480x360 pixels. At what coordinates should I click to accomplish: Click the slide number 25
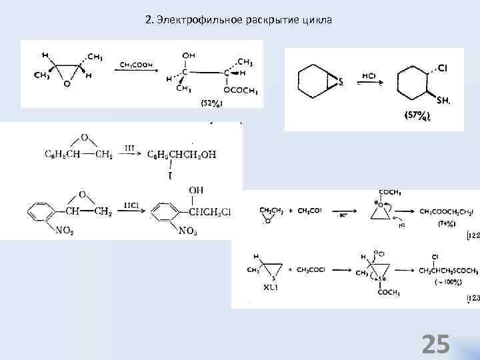[x=436, y=344]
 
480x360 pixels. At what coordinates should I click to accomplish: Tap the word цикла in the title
[x=317, y=20]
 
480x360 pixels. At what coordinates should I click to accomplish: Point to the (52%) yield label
[x=211, y=102]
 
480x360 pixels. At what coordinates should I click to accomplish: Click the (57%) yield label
[x=417, y=115]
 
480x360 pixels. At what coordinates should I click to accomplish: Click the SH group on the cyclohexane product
[x=443, y=100]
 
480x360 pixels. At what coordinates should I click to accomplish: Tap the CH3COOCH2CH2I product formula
[x=447, y=212]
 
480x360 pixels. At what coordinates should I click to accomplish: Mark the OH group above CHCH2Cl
[x=195, y=191]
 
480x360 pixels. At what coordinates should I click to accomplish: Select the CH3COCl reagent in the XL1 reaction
[x=309, y=269]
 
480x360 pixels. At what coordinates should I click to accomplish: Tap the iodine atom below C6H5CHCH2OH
[x=170, y=175]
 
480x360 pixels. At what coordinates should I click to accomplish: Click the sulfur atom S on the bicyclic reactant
[x=341, y=83]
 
